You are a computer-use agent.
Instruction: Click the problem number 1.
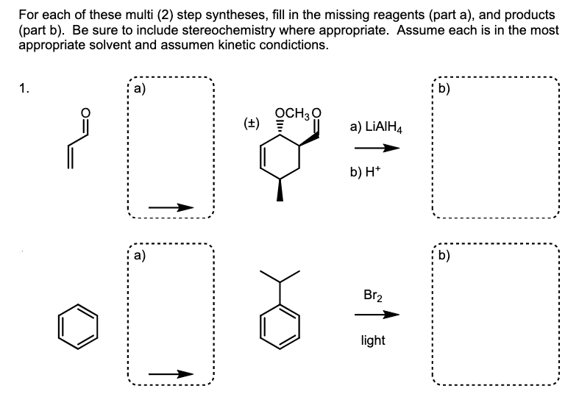click(x=25, y=90)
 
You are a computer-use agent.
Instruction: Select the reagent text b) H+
click(x=371, y=174)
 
